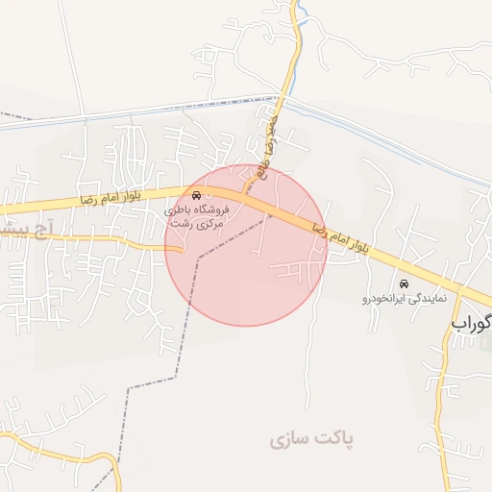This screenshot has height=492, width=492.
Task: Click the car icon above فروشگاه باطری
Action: click(x=197, y=195)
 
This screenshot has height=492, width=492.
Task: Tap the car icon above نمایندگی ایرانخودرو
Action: click(x=404, y=284)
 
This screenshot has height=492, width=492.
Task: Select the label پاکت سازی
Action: click(x=311, y=439)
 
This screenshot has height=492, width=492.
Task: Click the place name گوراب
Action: click(x=471, y=324)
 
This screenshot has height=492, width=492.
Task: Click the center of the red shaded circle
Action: click(x=247, y=245)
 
